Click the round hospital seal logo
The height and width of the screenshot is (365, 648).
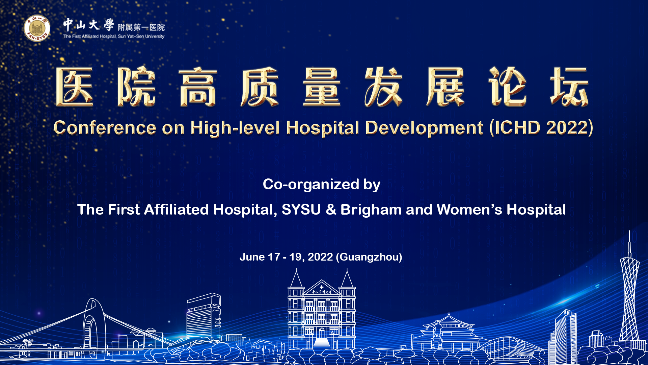(x=37, y=28)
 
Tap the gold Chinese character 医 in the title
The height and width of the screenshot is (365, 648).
(x=75, y=87)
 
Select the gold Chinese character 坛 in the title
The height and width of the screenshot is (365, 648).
(x=570, y=87)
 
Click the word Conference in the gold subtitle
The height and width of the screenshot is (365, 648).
(x=105, y=128)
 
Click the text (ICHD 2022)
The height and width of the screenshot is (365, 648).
(x=541, y=128)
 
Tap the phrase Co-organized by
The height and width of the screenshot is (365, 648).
(x=322, y=185)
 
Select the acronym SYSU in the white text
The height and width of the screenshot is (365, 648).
(x=301, y=210)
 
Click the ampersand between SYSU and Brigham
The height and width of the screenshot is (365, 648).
(x=331, y=210)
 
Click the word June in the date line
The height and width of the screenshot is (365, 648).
(x=252, y=257)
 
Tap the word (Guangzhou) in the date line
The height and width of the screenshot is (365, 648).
(x=369, y=257)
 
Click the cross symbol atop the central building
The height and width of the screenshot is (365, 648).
(x=322, y=287)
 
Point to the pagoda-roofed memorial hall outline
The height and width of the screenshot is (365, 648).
(x=449, y=331)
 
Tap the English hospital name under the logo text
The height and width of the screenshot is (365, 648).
(x=114, y=36)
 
